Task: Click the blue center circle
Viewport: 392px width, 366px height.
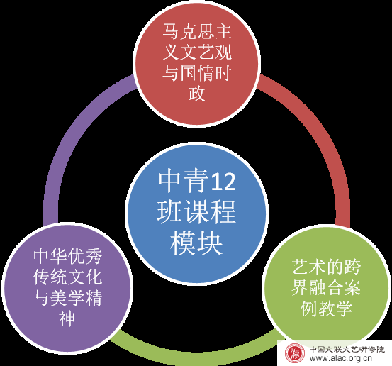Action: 196,214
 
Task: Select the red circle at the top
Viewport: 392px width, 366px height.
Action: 197,62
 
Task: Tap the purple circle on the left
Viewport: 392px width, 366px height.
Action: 67,288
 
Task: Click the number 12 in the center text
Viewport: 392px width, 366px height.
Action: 223,182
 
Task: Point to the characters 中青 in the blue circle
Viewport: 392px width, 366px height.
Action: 184,181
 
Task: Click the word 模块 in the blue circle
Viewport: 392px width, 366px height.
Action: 196,243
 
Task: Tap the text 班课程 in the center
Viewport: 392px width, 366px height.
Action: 196,212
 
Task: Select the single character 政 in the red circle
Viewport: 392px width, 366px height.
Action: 197,94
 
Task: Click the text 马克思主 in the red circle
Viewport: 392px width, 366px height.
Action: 197,31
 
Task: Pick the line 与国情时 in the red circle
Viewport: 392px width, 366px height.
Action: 197,73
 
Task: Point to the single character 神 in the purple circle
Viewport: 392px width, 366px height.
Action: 67,318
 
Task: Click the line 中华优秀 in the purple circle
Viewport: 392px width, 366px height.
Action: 67,256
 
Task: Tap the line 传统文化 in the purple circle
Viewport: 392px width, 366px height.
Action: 67,277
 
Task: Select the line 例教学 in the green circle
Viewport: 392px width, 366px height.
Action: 327,309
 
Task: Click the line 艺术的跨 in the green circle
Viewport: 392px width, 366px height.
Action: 327,267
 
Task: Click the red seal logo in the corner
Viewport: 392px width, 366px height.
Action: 295,353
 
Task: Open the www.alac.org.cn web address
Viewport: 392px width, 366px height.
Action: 340,358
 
